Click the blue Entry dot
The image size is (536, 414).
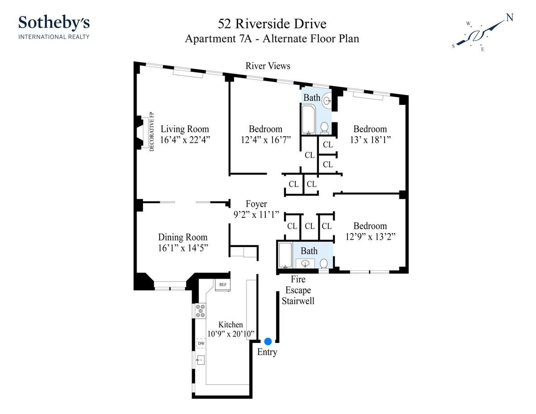click(x=268, y=341)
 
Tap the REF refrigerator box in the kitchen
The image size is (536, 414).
click(x=222, y=284)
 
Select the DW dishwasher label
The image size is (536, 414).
click(x=201, y=343)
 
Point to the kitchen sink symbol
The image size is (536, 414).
click(x=201, y=359)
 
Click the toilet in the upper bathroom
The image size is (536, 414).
click(x=325, y=128)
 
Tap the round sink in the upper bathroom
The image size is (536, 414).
click(x=327, y=101)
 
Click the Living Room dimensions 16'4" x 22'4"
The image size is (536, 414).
click(x=185, y=139)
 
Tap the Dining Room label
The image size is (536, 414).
click(x=183, y=237)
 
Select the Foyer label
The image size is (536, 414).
click(x=256, y=205)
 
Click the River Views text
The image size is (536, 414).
click(x=268, y=66)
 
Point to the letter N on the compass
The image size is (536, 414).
click(x=509, y=18)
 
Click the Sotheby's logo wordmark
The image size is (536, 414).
click(x=54, y=22)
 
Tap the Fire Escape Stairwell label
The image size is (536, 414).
click(x=298, y=290)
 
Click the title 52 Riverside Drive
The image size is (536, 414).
click(x=272, y=24)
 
